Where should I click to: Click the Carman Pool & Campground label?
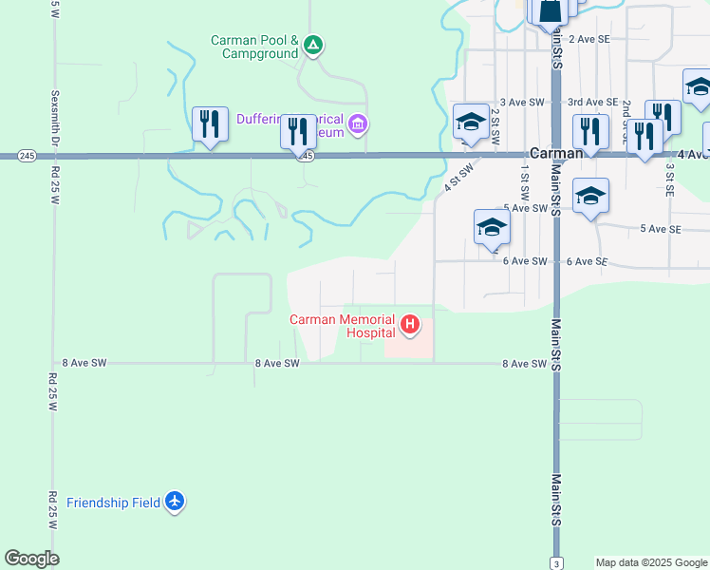(x=254, y=47)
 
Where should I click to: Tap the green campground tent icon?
(x=314, y=45)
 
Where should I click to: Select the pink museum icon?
(x=357, y=123)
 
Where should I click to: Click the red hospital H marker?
(x=410, y=326)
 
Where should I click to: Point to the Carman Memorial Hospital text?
(x=343, y=326)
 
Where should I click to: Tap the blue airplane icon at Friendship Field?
(x=174, y=501)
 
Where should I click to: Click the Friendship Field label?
(x=112, y=502)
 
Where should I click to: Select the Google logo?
(x=32, y=559)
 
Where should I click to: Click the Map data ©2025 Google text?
(x=651, y=562)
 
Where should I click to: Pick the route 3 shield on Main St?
(x=555, y=562)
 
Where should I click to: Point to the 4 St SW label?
(x=460, y=178)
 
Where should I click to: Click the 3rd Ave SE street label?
(x=592, y=102)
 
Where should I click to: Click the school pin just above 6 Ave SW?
(x=492, y=229)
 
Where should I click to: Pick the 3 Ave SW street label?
(x=524, y=102)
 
